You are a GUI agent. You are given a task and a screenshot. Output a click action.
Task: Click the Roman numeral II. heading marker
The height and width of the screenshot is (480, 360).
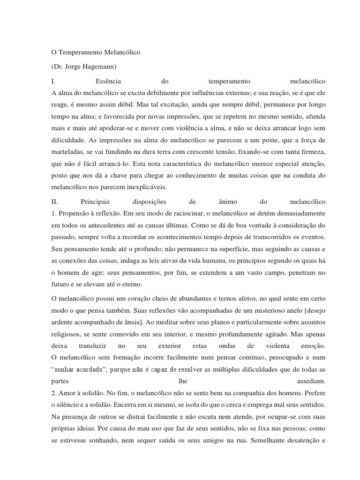[x=54, y=202]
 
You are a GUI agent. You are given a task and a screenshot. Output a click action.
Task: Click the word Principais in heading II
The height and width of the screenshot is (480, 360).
[x=94, y=202]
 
